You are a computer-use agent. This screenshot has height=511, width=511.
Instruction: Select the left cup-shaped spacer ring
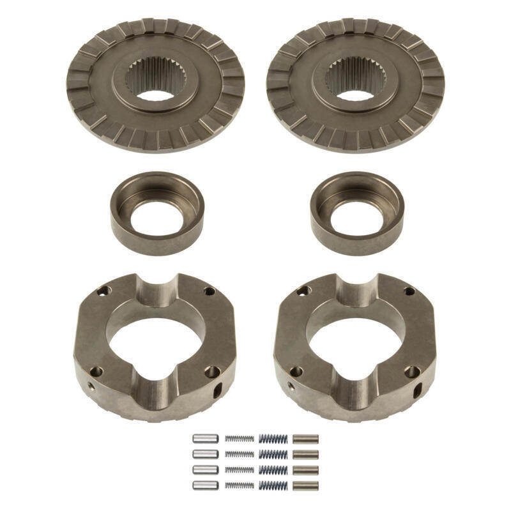[x=156, y=212]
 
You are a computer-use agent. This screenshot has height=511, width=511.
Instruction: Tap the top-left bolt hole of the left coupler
[x=102, y=291]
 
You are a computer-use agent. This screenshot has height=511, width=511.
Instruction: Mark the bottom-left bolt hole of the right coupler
[x=296, y=371]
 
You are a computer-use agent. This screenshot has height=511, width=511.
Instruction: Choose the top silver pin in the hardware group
[x=205, y=439]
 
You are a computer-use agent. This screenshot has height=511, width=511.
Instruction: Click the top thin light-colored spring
[x=239, y=439]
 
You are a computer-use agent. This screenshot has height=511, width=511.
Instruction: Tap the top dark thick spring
[x=273, y=439]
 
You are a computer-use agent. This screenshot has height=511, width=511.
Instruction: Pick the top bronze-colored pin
[x=305, y=439]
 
